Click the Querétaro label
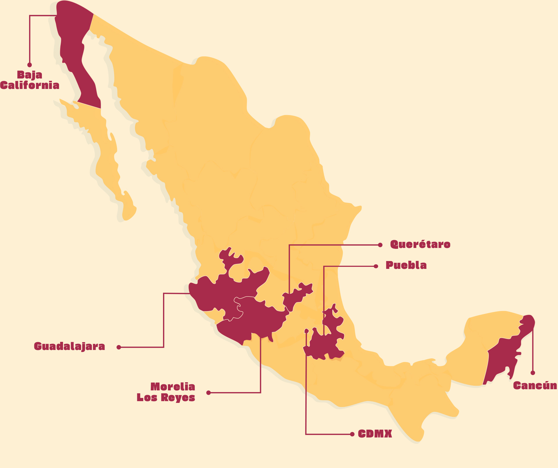point(420,244)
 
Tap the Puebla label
point(406,265)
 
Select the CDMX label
point(375,434)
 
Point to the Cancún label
point(535,386)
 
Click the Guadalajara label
point(69,346)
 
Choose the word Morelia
point(173,387)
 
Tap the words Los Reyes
point(166,398)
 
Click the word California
point(30,85)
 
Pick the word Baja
point(30,75)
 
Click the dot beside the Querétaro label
point(380,245)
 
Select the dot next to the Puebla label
point(376,266)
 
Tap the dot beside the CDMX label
point(352,434)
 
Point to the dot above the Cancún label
point(533,373)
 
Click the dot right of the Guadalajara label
point(119,347)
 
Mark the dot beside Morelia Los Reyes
point(208,393)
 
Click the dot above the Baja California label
point(30,65)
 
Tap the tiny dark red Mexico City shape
point(306,331)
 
